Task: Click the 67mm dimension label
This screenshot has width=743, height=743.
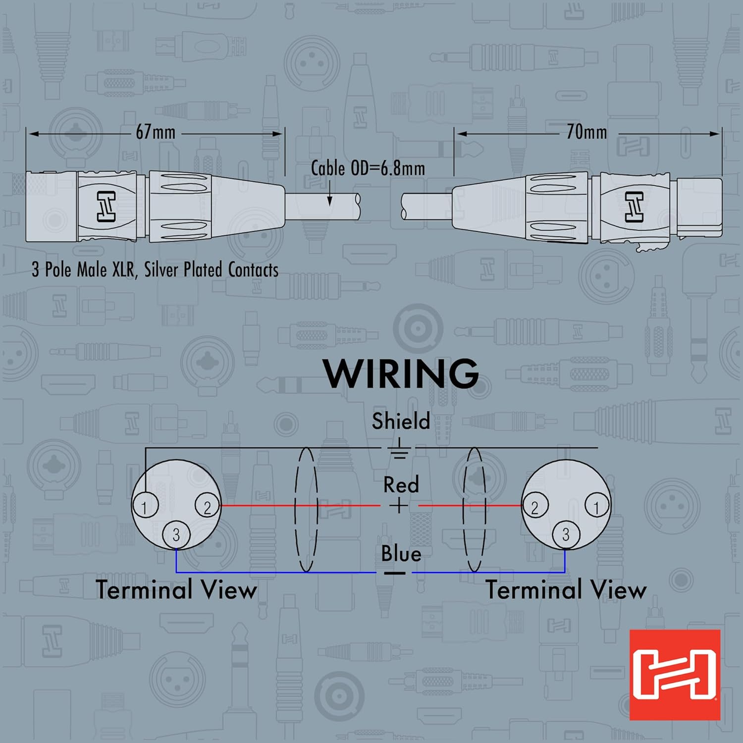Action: point(156,132)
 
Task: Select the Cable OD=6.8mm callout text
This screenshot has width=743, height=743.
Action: point(368,168)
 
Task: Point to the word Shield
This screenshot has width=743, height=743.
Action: point(401,421)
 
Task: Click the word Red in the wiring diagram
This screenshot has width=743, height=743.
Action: point(401,484)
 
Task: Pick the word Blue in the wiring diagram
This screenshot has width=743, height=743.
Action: point(401,553)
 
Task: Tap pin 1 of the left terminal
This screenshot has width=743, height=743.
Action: point(145,506)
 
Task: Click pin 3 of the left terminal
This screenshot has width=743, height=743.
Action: point(176,535)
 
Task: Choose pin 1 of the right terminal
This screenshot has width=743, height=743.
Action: point(596,507)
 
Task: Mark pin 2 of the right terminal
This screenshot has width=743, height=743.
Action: point(534,507)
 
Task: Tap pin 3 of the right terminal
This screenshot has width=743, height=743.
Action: point(566,534)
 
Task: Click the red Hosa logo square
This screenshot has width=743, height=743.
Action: point(675,675)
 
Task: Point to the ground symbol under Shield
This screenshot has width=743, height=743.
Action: point(399,450)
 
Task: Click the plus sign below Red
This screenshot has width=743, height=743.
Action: point(399,506)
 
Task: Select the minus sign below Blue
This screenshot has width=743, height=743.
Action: point(395,573)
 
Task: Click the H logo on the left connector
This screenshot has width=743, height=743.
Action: point(106,206)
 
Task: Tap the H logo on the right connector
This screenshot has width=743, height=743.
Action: point(634,207)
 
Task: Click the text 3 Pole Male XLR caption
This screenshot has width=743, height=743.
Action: point(155,270)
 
